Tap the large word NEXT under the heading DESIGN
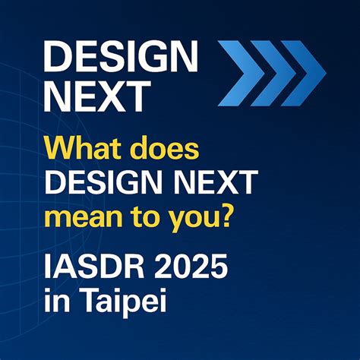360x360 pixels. click(x=96, y=96)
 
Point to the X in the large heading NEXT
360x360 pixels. click(x=129, y=96)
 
